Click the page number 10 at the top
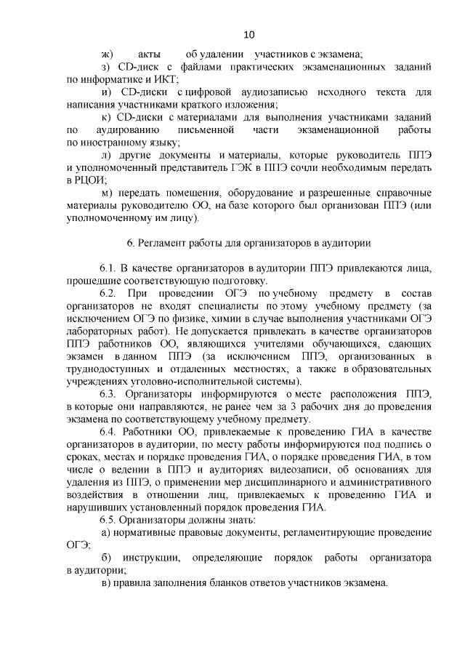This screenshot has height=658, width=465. pos(248,34)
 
